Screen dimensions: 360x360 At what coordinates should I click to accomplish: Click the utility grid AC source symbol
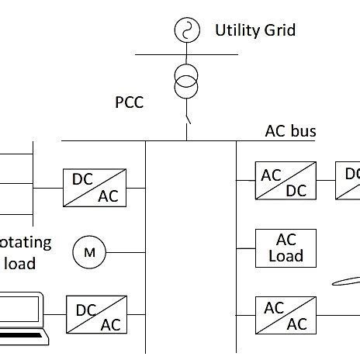pyautogui.click(x=186, y=30)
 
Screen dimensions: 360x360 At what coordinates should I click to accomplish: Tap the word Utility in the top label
pyautogui.click(x=234, y=31)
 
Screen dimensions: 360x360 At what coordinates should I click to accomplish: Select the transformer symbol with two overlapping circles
pyautogui.click(x=186, y=81)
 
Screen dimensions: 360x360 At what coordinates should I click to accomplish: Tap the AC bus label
pyautogui.click(x=290, y=130)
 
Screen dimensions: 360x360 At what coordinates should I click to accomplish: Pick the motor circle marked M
pyautogui.click(x=88, y=251)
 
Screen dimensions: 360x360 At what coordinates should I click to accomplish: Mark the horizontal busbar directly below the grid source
pyautogui.click(x=186, y=54)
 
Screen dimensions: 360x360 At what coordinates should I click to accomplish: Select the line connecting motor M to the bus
pyautogui.click(x=125, y=251)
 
